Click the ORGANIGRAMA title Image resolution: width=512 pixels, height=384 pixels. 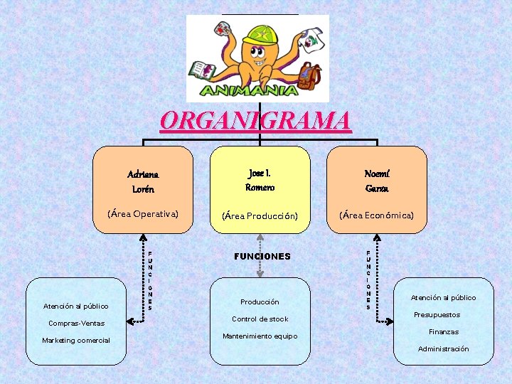(x=256, y=120)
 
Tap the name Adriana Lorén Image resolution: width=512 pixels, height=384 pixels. (x=143, y=181)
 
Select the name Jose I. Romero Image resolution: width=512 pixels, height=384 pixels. (x=260, y=181)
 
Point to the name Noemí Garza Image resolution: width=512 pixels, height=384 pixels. (x=376, y=181)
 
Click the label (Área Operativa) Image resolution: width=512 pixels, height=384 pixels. (x=143, y=213)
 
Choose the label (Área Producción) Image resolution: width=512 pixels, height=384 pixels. (x=260, y=215)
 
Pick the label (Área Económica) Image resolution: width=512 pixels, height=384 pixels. (x=376, y=215)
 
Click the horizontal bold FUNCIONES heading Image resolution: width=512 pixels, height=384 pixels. (x=262, y=256)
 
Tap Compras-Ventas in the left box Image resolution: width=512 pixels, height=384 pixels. (x=76, y=324)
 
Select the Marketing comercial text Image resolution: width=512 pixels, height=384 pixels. (x=76, y=341)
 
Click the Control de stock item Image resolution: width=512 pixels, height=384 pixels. (x=260, y=319)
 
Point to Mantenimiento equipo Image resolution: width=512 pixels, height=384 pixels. (x=260, y=336)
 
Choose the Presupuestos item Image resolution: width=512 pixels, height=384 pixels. (x=437, y=315)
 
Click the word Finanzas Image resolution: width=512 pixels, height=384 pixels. (x=443, y=332)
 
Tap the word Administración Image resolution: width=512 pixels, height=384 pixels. (x=443, y=349)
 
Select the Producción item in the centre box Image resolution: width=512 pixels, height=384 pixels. (x=260, y=302)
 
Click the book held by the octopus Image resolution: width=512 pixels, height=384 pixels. (x=202, y=70)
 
